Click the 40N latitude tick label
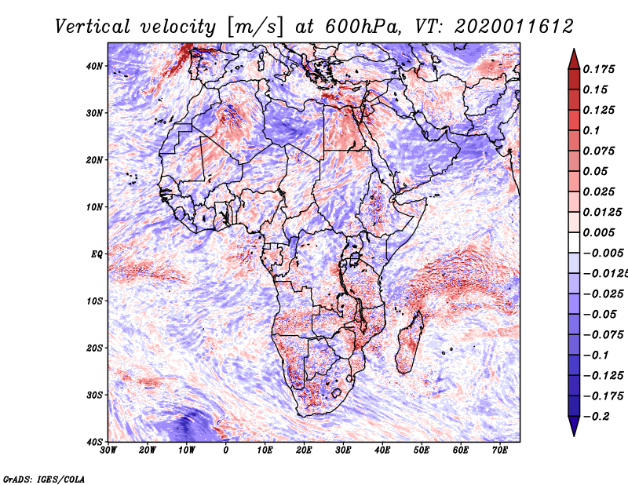click(x=94, y=66)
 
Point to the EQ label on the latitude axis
click(x=97, y=254)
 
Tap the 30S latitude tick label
click(x=94, y=396)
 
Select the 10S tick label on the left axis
click(x=94, y=301)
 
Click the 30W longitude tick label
click(x=108, y=450)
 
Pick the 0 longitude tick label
click(x=226, y=450)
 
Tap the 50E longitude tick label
click(x=422, y=450)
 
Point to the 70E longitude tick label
click(x=500, y=450)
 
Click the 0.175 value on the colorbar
click(x=598, y=69)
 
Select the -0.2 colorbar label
click(x=596, y=417)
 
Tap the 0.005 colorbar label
click(x=598, y=232)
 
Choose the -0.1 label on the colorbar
click(x=596, y=356)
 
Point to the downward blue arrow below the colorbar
click(x=574, y=425)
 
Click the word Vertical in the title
click(x=92, y=27)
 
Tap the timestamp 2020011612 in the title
click(x=514, y=27)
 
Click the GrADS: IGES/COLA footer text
click(x=44, y=479)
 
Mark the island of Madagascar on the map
click(x=409, y=343)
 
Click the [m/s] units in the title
click(x=255, y=27)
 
